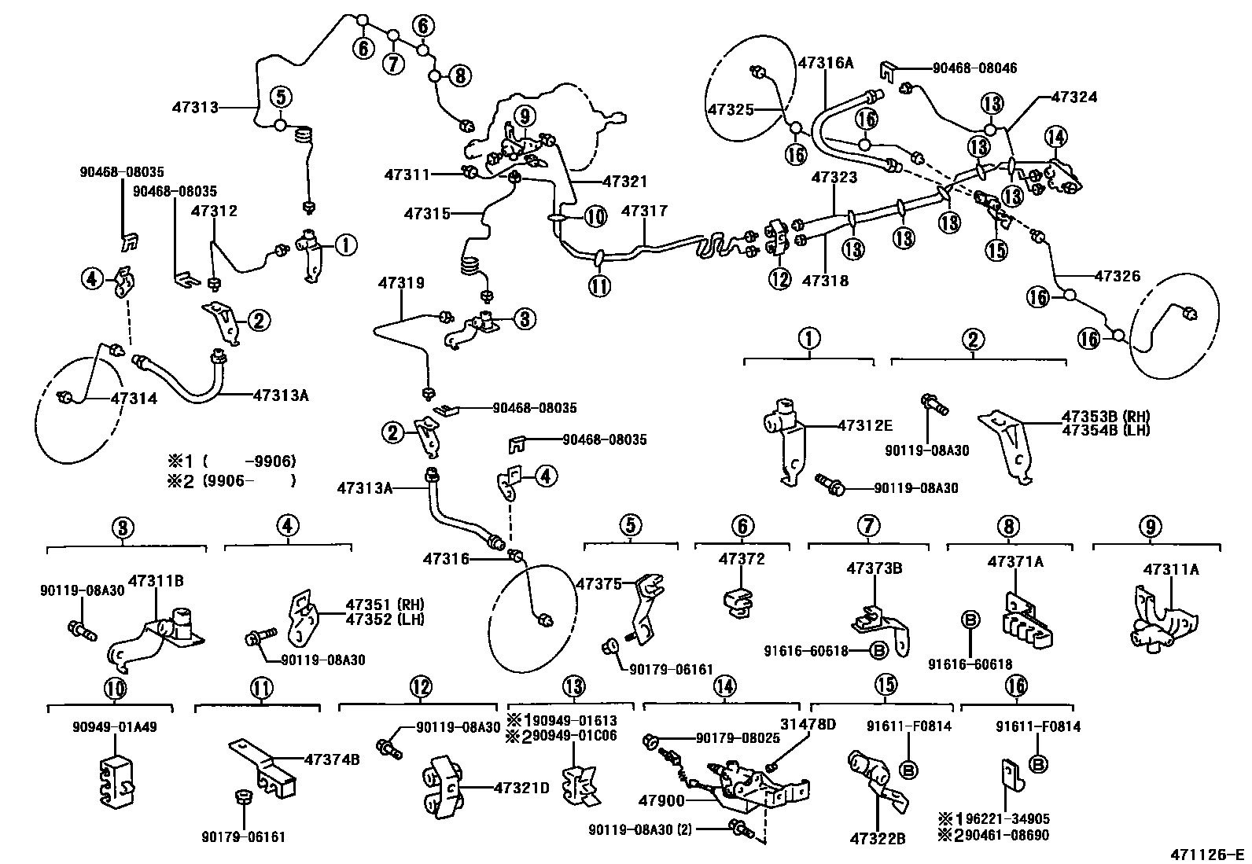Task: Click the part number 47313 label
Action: [x=196, y=107]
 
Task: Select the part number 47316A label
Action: [x=825, y=62]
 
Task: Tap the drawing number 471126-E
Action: [x=1206, y=854]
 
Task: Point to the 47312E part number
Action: [x=865, y=425]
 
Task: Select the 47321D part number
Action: [x=521, y=788]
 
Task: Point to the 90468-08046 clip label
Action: [x=974, y=68]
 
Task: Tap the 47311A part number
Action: [x=1171, y=569]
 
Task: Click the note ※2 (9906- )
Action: [x=230, y=480]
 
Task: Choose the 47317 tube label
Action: [x=644, y=211]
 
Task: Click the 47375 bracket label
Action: [x=598, y=583]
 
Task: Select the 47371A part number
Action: [x=1015, y=561]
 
